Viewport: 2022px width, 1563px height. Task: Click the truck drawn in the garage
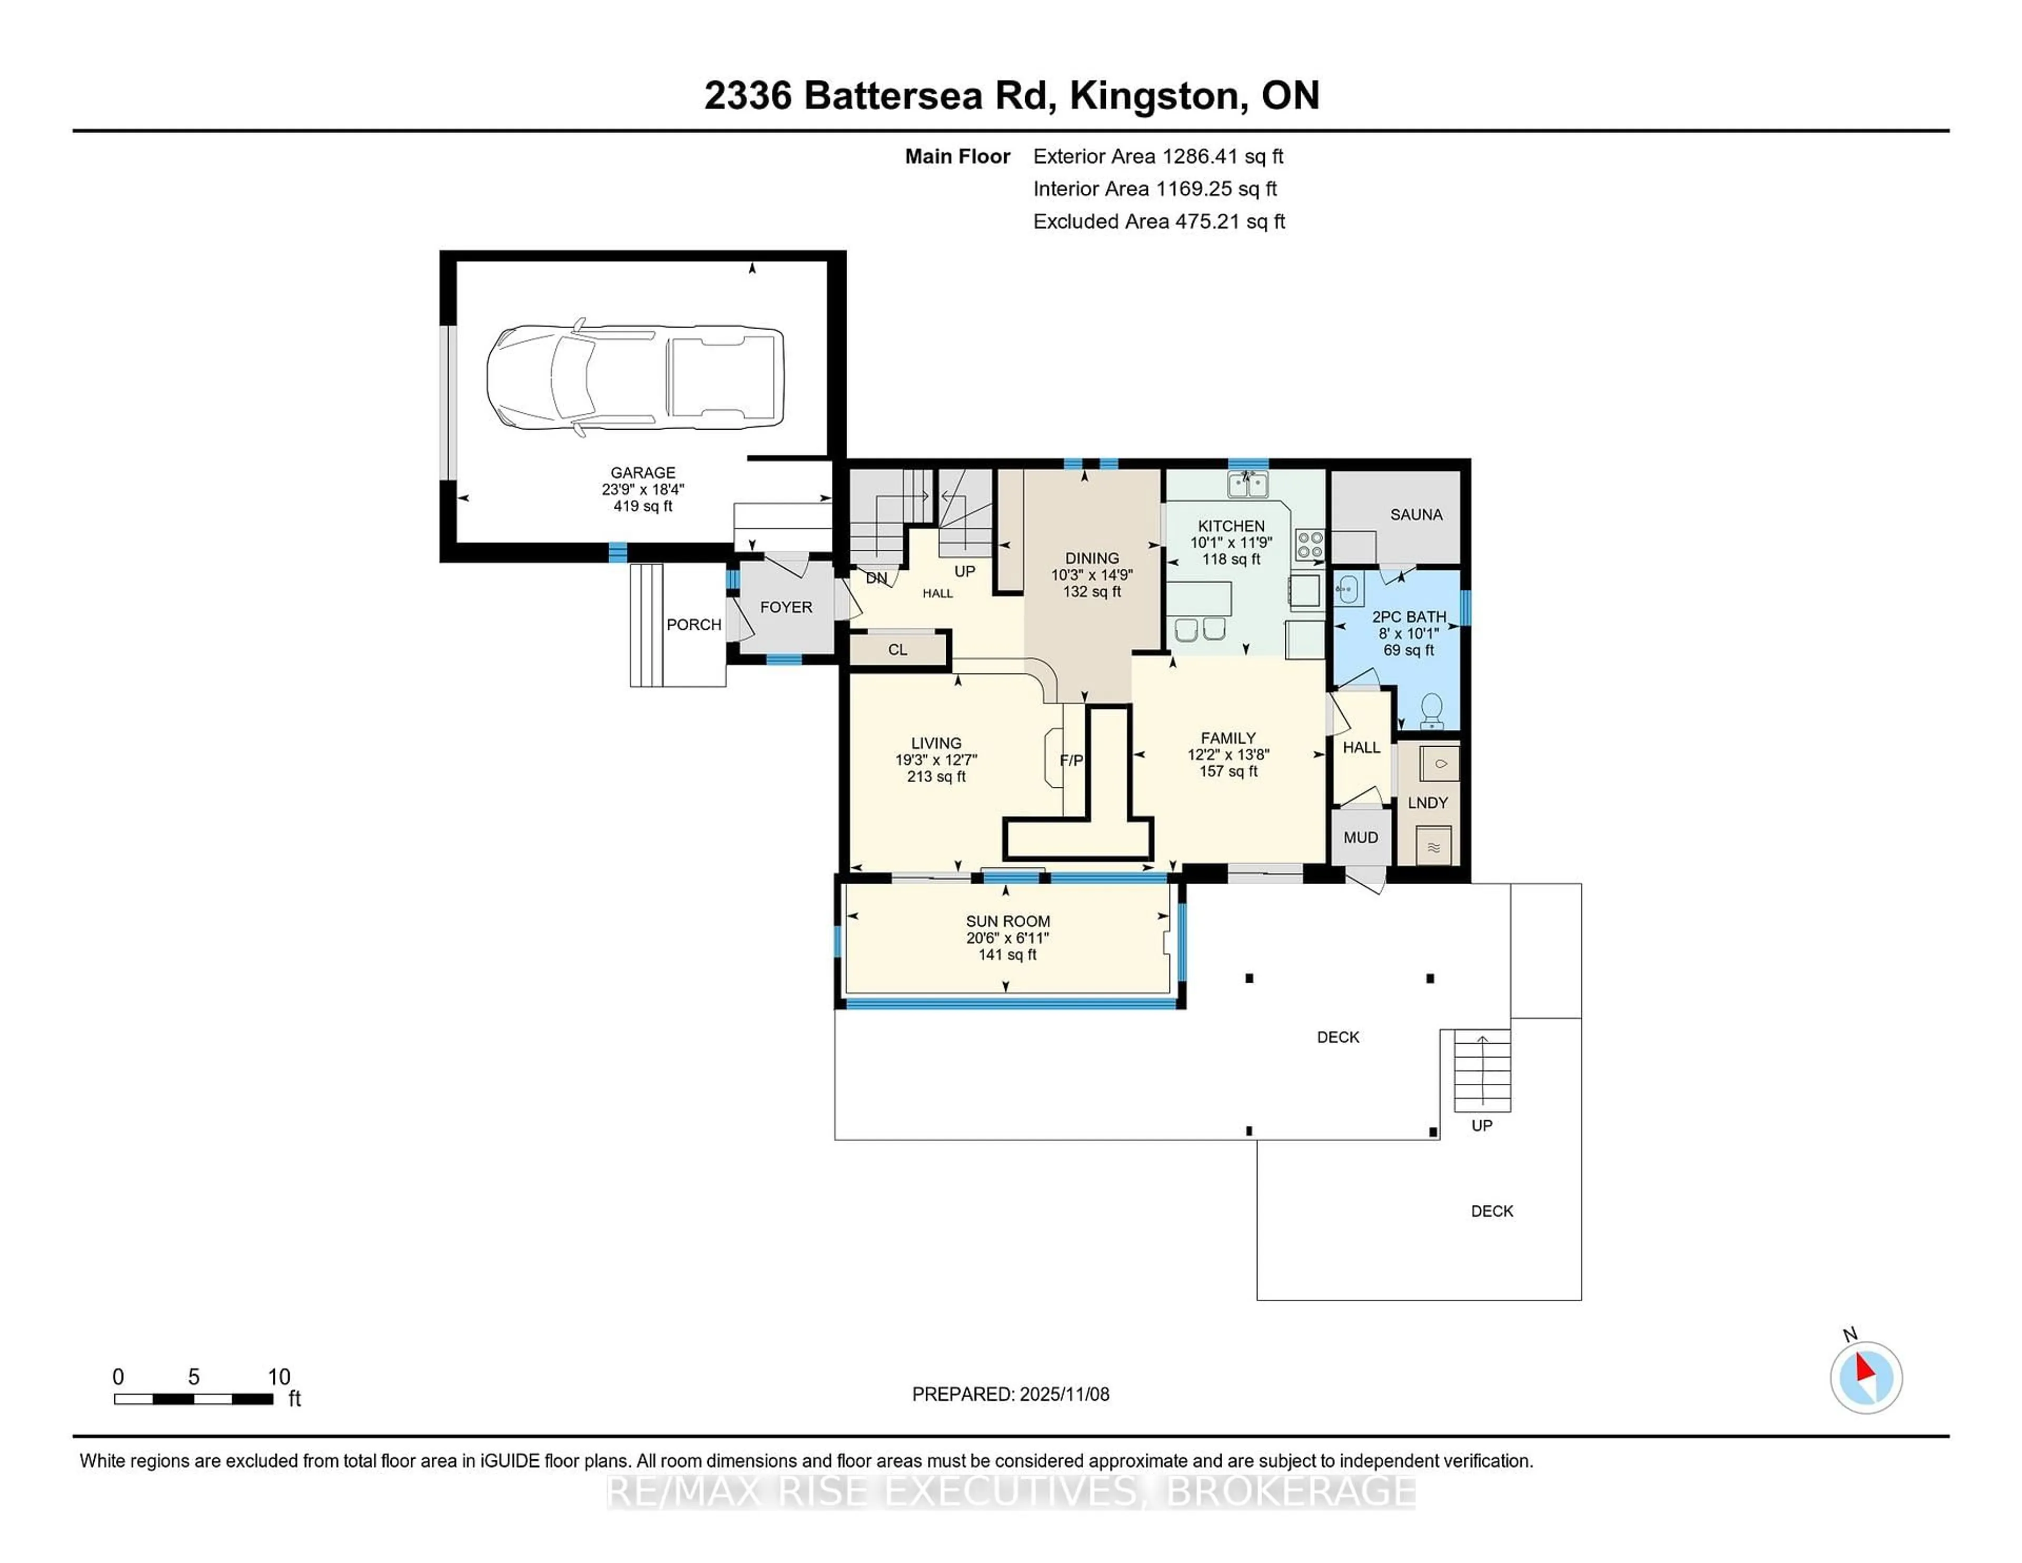click(x=635, y=378)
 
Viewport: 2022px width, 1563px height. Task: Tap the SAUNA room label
click(x=1415, y=515)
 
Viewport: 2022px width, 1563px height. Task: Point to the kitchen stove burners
click(x=1310, y=545)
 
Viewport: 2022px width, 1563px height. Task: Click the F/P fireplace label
click(x=1071, y=760)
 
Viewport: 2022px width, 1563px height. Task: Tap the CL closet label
click(x=897, y=649)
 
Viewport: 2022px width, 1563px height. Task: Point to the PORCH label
click(x=693, y=625)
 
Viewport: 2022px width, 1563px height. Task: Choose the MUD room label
click(x=1360, y=837)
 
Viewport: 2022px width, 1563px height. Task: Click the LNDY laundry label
click(x=1426, y=803)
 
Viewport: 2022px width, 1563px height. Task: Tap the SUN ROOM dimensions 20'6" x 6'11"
click(x=1007, y=938)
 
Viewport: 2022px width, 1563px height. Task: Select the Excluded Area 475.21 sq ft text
click(x=1158, y=221)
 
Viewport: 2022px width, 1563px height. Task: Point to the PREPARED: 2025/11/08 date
click(x=1010, y=1393)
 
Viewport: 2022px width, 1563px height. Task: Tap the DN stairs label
click(x=876, y=578)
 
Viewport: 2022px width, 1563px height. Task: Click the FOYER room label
click(x=786, y=607)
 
